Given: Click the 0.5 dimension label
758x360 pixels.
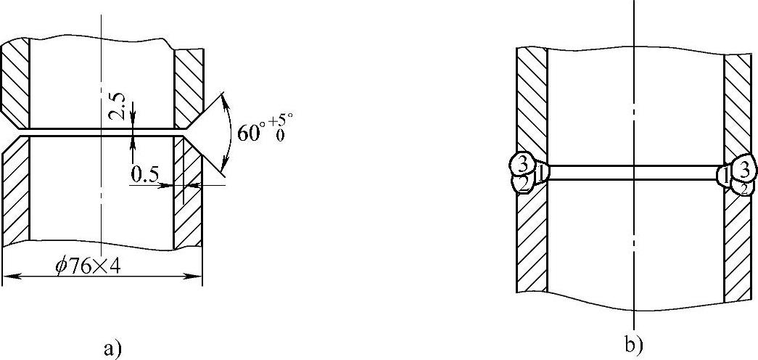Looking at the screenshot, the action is (145, 175).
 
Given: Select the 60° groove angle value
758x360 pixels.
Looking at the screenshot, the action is (250, 131).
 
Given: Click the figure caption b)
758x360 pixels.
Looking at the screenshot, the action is (633, 344).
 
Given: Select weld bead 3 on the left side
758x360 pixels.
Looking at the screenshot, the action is (522, 163).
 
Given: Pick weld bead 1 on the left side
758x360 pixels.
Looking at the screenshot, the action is (540, 173).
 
